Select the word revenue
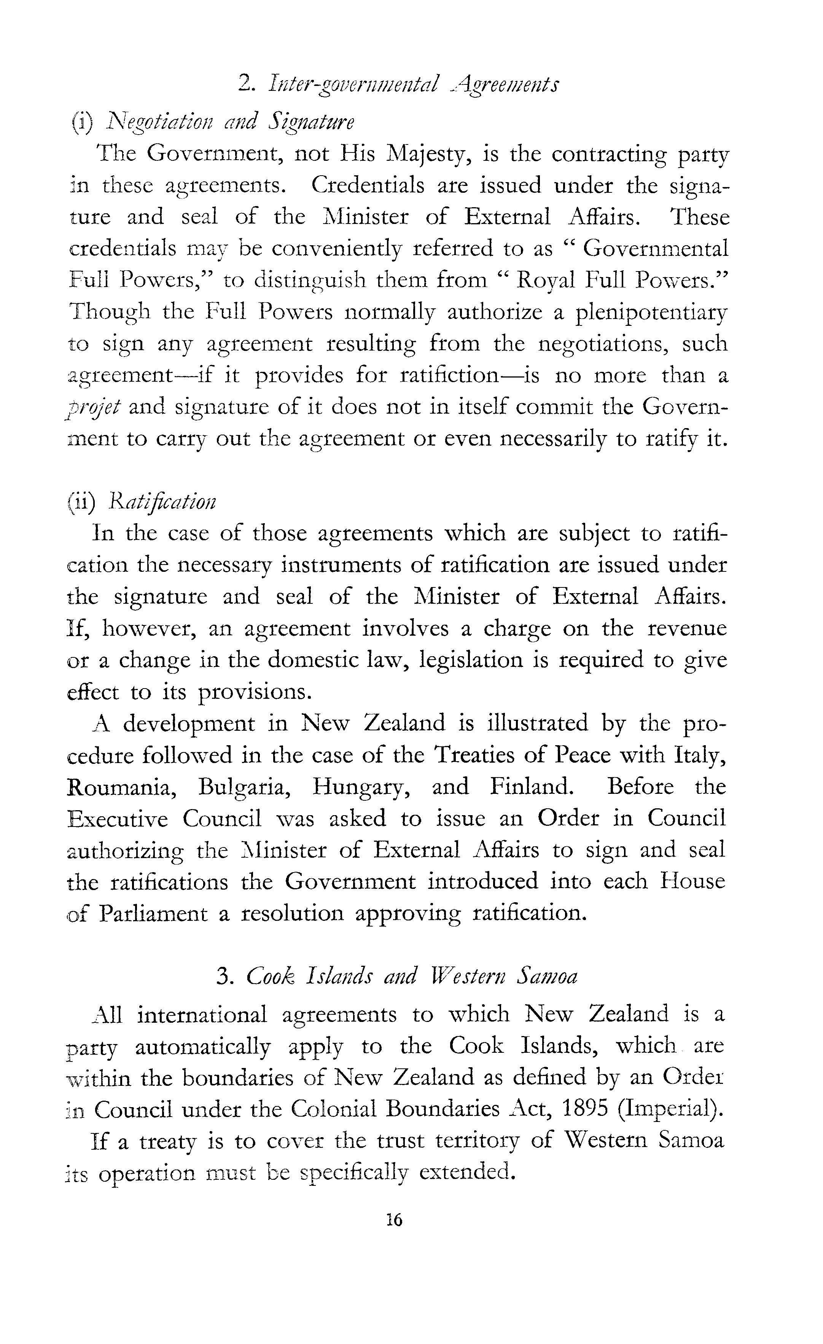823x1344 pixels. [x=686, y=628]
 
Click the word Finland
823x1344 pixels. [x=532, y=787]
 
